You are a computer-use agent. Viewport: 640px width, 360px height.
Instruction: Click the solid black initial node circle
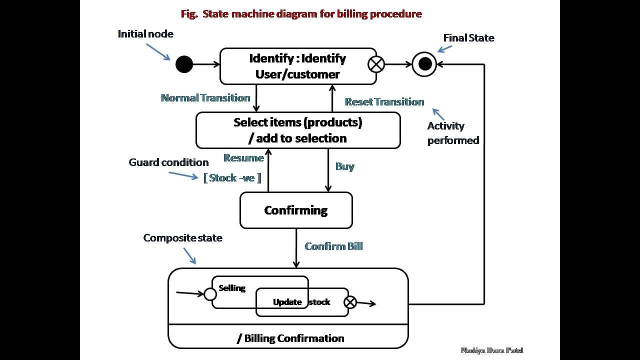[184, 64]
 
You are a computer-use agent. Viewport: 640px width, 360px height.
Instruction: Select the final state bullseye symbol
[424, 64]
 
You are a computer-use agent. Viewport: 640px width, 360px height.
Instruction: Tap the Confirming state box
[296, 210]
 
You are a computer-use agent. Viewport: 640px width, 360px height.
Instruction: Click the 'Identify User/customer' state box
[297, 66]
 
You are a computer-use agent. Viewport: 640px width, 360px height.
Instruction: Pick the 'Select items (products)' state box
[298, 130]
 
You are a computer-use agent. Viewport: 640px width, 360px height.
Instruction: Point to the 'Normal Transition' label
[205, 98]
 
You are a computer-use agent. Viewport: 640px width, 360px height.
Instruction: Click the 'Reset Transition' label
[384, 102]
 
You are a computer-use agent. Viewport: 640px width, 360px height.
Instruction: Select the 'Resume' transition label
[243, 158]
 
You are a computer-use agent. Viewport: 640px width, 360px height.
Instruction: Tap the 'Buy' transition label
[345, 166]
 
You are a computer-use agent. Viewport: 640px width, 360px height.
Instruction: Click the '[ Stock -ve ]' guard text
[232, 178]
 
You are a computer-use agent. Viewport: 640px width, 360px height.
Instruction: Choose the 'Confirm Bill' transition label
[333, 246]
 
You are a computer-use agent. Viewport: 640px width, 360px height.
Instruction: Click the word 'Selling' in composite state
[232, 288]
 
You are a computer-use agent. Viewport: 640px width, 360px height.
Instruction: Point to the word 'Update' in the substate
[287, 302]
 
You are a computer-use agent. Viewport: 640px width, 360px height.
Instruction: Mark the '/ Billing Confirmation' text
[290, 338]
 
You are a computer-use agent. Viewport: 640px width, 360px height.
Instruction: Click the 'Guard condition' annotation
[168, 162]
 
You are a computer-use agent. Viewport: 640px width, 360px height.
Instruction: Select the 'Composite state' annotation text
[183, 238]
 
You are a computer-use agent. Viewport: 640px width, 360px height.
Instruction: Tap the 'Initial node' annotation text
[145, 34]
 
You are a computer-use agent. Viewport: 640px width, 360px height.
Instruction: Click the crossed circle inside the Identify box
[376, 64]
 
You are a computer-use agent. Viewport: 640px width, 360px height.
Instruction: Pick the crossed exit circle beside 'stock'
[350, 302]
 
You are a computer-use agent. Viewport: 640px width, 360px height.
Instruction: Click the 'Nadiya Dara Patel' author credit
[492, 350]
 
